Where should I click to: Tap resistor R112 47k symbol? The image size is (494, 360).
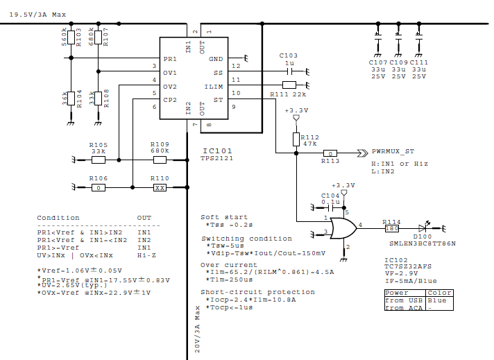[x=296, y=139]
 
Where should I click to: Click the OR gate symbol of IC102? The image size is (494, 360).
[x=342, y=227]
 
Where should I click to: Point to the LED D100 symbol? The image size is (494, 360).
[x=427, y=227]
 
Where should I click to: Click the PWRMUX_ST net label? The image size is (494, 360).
[x=394, y=150]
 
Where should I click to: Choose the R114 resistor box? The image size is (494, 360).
[x=391, y=227]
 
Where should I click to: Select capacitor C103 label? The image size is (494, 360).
[x=288, y=55]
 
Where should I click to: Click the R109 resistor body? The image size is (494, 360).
[x=160, y=160]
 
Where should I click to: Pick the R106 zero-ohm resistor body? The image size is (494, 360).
[x=99, y=187]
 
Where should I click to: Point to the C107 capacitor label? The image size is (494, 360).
[x=378, y=62]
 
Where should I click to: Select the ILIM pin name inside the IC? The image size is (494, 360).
[x=216, y=87]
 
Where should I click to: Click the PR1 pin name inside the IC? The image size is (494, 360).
[x=170, y=59]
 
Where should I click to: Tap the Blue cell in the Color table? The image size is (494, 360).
[x=438, y=301]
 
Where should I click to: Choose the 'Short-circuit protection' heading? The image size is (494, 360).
[x=248, y=292]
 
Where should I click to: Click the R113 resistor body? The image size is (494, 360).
[x=332, y=153]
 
